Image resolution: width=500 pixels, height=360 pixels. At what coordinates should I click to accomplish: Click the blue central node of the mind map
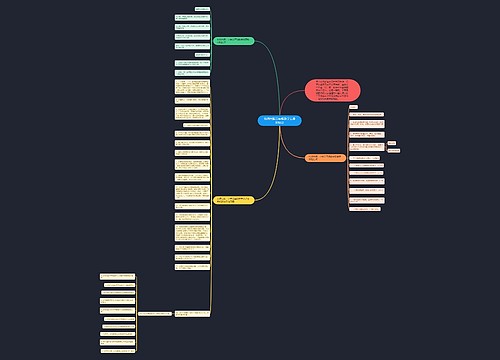[277, 119]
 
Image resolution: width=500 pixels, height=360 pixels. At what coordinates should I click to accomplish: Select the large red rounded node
[331, 91]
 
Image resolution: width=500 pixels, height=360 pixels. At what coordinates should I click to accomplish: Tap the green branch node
[234, 42]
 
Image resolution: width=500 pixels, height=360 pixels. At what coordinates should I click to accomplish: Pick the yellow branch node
[234, 201]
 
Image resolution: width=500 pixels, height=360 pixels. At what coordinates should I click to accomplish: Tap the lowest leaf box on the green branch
[192, 72]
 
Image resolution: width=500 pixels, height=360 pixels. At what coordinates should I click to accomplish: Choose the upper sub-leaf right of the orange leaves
[391, 143]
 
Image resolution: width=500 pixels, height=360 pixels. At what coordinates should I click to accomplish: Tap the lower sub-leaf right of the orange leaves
[394, 150]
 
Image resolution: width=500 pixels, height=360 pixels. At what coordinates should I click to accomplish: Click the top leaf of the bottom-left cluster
[119, 275]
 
